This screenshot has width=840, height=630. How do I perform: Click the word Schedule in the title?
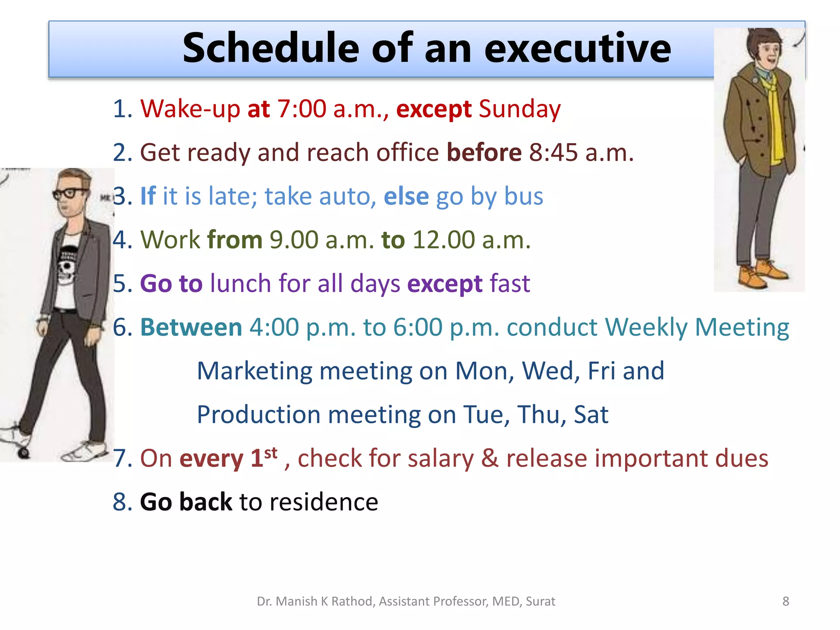pos(271,48)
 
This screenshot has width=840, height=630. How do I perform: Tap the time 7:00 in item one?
pos(301,109)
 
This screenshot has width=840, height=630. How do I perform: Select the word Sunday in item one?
pos(519,109)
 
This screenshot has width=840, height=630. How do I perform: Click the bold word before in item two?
pos(484,153)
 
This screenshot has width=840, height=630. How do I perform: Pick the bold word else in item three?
pos(406,196)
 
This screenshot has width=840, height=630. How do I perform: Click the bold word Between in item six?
pos(191,327)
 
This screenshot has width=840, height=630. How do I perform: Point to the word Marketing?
pos(254,371)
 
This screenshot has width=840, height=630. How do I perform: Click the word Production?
pos(258,414)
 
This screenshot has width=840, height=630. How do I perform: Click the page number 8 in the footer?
pos(785,601)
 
